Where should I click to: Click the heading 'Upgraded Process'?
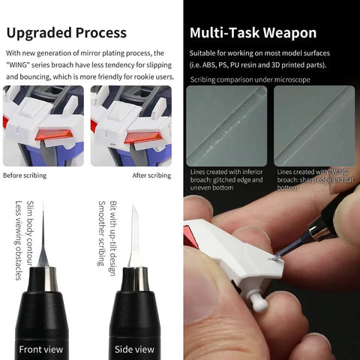pos(67,33)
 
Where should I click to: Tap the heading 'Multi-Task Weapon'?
pos(253,33)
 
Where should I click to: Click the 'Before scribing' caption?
pos(25,175)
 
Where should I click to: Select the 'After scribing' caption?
pos(151,175)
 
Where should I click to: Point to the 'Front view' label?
pos(41,349)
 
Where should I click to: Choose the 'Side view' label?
pos(134,349)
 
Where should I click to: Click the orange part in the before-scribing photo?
pos(55,135)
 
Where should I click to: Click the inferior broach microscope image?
pos(226,126)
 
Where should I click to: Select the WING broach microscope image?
pos(314,126)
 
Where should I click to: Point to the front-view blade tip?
pos(43,202)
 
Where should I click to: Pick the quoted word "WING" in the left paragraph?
pos(18,64)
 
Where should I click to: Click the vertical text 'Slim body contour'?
pos(30,233)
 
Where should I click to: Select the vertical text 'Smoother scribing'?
pos(101,233)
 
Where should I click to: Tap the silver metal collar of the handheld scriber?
pos(318,230)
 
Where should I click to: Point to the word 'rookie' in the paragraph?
pos(145,76)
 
